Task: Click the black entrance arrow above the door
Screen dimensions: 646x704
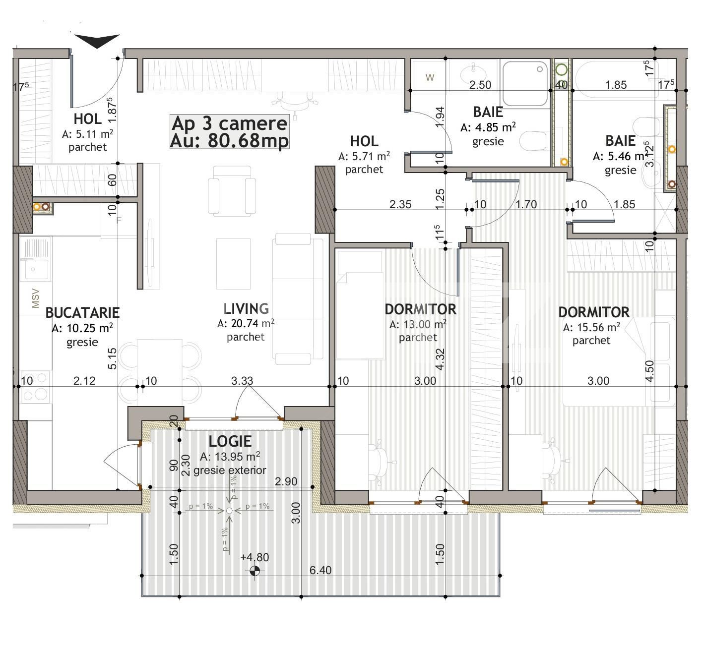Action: [97, 41]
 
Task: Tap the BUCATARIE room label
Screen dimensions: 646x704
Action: [82, 312]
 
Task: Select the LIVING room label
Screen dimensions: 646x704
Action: [246, 309]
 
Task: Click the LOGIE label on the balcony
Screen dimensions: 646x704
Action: [230, 441]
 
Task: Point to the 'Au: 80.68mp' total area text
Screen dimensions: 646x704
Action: [229, 141]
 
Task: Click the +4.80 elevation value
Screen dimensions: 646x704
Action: [255, 557]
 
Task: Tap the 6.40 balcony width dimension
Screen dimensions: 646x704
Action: [320, 570]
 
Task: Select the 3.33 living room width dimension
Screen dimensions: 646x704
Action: [242, 381]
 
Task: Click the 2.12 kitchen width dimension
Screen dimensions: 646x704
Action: [84, 381]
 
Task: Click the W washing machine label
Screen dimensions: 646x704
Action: [430, 77]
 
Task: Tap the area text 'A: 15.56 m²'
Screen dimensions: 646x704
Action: [591, 327]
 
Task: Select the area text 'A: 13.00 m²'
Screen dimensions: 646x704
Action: [418, 324]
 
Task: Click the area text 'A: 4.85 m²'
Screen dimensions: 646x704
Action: [488, 127]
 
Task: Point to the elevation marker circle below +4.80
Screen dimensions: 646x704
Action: [255, 571]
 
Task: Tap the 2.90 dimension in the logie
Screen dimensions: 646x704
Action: [286, 481]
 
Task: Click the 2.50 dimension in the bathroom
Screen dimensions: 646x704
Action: [480, 85]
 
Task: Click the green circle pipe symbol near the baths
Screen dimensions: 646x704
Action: [561, 69]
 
